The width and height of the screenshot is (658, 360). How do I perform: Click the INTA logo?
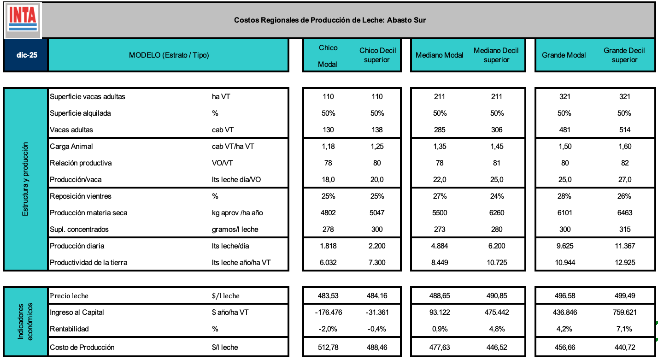click(23, 19)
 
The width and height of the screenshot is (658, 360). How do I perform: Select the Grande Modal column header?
click(564, 55)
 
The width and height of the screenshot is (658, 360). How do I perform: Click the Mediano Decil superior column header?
click(496, 55)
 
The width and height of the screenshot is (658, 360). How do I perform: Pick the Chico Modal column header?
click(328, 56)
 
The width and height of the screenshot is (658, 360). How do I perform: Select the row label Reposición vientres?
click(81, 196)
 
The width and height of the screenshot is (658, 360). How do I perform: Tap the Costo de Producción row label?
click(82, 347)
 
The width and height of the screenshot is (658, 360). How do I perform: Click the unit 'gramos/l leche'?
click(232, 230)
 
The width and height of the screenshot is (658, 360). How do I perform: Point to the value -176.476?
click(328, 313)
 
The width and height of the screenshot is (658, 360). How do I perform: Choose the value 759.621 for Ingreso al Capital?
click(624, 313)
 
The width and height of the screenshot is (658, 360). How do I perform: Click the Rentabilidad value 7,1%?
click(624, 329)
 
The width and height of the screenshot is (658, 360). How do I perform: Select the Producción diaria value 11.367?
click(624, 246)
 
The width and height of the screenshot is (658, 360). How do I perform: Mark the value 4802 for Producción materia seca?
click(328, 213)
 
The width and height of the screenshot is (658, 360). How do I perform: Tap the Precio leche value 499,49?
click(624, 296)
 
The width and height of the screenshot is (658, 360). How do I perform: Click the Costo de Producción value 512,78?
click(328, 347)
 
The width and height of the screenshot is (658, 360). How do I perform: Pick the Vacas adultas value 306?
click(496, 130)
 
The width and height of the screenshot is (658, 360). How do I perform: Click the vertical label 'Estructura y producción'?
click(25, 179)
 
